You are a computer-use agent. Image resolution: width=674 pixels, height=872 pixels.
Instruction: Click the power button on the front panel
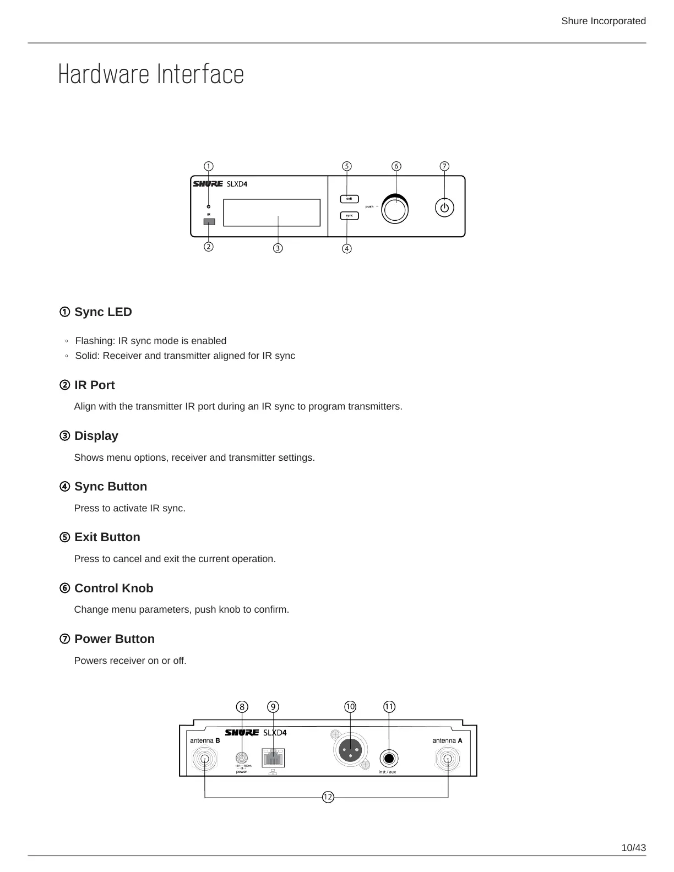[444, 208]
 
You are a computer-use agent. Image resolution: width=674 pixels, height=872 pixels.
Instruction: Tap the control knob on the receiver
[395, 209]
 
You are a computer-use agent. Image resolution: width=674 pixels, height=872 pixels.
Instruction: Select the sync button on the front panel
[349, 215]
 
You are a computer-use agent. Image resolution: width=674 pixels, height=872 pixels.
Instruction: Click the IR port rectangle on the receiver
[209, 222]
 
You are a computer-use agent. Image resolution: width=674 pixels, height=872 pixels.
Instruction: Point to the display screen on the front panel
[271, 212]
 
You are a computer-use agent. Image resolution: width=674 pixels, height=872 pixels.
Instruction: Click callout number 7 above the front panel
[444, 166]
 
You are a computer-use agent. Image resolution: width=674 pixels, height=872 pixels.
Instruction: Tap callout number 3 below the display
[278, 248]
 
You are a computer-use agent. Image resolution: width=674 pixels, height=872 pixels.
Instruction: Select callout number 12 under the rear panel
[328, 797]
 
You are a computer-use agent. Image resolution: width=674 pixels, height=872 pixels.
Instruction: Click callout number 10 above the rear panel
[350, 707]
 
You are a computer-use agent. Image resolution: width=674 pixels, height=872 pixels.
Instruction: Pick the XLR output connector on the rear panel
[350, 749]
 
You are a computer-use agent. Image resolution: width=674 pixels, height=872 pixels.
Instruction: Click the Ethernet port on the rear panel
[273, 758]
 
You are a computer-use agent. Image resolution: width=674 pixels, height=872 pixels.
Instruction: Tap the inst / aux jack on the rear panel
[389, 759]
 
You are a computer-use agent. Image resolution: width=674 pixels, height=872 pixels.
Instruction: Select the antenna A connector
[448, 760]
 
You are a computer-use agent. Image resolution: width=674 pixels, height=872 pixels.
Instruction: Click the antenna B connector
[204, 760]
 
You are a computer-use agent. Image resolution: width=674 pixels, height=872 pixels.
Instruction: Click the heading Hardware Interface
[151, 75]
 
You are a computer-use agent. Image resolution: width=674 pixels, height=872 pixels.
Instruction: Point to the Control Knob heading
[113, 588]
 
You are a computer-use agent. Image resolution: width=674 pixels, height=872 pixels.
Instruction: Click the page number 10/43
[633, 848]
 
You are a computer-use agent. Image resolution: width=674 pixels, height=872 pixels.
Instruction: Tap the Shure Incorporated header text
[603, 21]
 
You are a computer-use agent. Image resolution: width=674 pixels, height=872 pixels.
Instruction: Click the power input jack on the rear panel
[241, 758]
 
